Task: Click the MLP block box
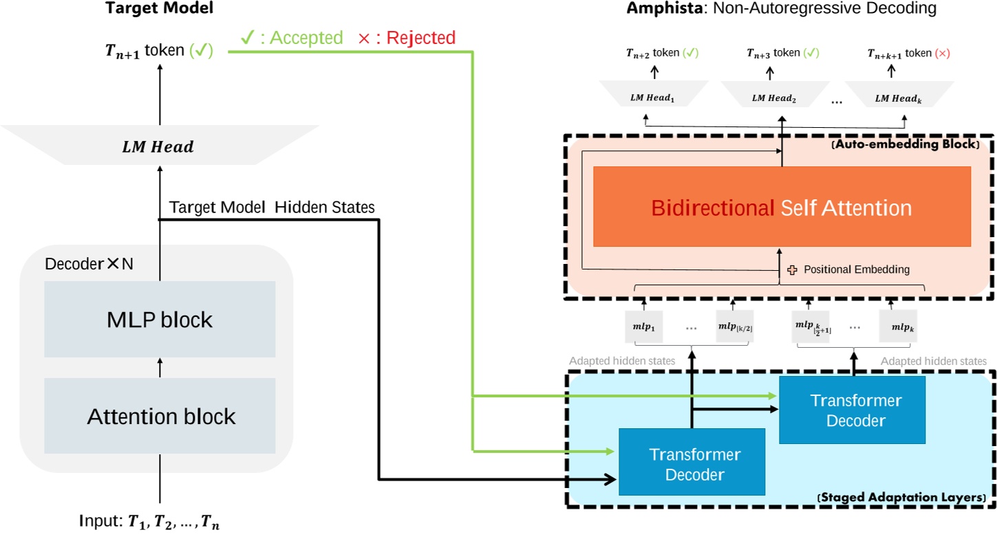160,320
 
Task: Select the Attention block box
160,416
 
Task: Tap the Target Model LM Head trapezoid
160,146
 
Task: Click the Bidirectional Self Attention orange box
782,207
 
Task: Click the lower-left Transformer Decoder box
692,462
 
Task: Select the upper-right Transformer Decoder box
852,410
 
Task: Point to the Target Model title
159,9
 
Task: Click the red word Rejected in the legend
420,38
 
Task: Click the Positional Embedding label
856,269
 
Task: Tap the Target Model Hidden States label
272,207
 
